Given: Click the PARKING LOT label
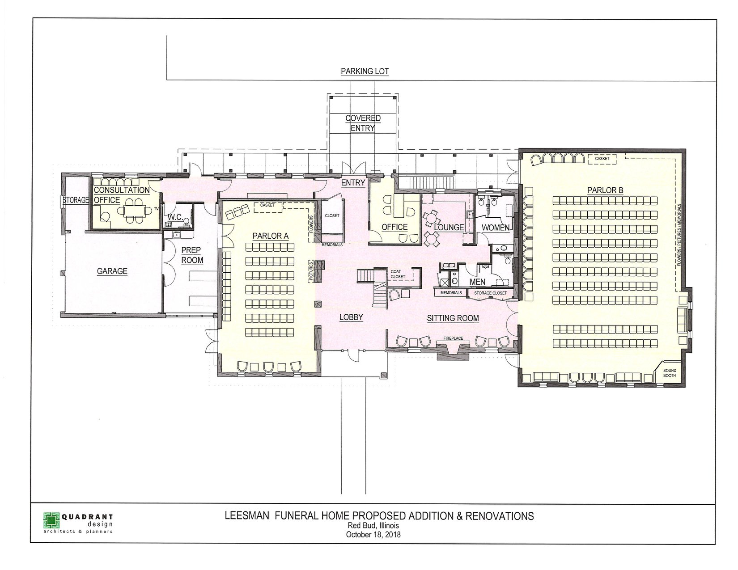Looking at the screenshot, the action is [365, 72].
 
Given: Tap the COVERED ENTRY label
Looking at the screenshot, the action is [363, 123].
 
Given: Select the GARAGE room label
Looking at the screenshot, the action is [112, 271].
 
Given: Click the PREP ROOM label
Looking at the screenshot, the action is [192, 255].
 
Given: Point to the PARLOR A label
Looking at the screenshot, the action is [270, 236].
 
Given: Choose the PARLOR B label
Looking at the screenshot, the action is [605, 190].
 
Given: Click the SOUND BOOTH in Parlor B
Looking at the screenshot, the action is [670, 373].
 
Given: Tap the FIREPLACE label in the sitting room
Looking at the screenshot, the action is [453, 338].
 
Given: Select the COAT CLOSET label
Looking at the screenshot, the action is [398, 274].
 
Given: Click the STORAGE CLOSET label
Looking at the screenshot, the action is [490, 293].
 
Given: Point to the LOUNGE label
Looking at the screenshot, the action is [449, 228].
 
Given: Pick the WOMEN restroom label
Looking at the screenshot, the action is [496, 228].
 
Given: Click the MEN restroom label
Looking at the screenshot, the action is [478, 282].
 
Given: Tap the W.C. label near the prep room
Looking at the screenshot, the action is [175, 217].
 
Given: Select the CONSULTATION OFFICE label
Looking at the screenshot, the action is [122, 195].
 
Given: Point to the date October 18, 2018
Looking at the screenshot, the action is [373, 534].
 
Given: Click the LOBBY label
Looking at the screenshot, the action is [352, 317].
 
